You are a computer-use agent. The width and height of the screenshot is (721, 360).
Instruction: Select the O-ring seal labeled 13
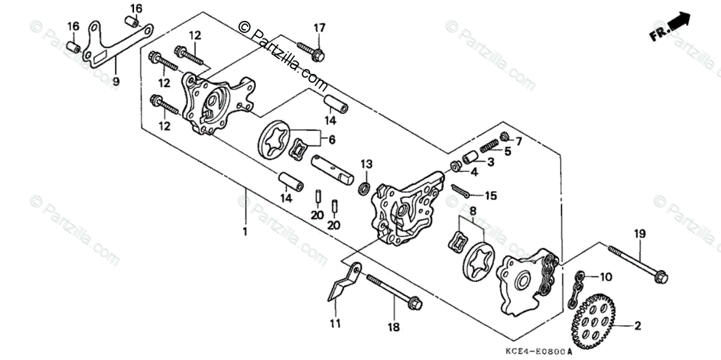click(364, 189)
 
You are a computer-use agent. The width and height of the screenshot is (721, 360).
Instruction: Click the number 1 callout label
click(245, 231)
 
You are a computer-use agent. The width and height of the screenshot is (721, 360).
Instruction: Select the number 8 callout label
click(473, 211)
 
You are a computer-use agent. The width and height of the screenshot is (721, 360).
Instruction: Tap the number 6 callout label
click(331, 139)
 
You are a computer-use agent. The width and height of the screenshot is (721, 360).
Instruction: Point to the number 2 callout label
click(637, 326)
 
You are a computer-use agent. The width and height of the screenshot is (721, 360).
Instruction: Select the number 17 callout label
click(318, 28)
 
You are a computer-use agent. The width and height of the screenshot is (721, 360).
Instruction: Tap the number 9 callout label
click(116, 81)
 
